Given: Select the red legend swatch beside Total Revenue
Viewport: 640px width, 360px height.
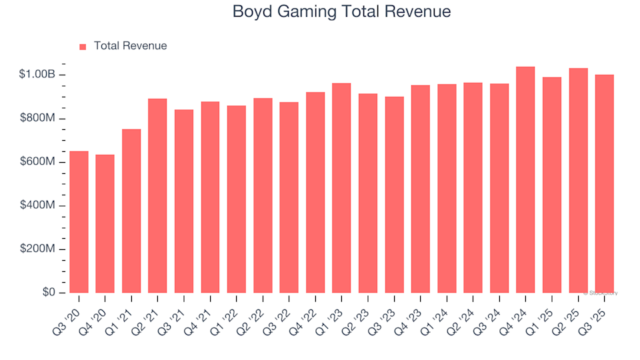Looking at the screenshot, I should (82, 46).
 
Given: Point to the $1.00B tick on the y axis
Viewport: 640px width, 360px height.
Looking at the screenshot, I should (41, 75).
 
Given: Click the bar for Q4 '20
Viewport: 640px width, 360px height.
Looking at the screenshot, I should (105, 224).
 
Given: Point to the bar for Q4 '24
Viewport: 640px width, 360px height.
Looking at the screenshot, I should (525, 180).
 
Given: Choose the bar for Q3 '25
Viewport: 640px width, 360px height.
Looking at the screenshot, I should (604, 184).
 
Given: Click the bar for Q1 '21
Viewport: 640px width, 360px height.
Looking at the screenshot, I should (132, 211).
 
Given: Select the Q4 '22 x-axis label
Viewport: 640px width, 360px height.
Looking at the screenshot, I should (308, 317).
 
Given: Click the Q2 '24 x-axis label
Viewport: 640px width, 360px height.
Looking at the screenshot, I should (466, 317).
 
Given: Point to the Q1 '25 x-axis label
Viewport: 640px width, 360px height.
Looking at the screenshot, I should (544, 317).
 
